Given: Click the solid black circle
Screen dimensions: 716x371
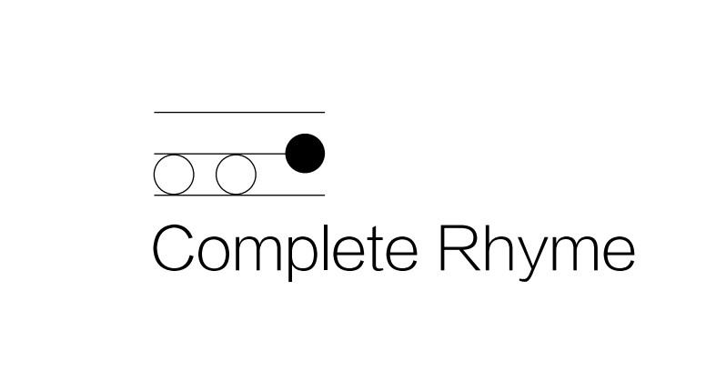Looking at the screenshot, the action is tap(305, 154).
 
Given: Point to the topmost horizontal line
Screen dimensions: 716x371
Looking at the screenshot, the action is tap(239, 112).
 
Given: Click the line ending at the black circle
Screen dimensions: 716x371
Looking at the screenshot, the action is tap(220, 154).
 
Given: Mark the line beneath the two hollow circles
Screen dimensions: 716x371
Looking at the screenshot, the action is tap(239, 196).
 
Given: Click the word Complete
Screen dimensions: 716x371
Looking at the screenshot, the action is tap(285, 250).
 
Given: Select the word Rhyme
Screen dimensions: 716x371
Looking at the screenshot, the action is tap(537, 252).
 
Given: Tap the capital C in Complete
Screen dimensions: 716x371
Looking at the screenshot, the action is tap(174, 247).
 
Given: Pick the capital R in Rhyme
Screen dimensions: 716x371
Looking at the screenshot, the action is tap(459, 247).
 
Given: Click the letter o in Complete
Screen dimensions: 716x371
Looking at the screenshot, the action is tap(214, 255).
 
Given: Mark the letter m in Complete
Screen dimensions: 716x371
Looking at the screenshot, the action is tap(258, 254).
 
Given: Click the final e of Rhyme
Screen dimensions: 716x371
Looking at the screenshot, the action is tap(620, 255).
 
